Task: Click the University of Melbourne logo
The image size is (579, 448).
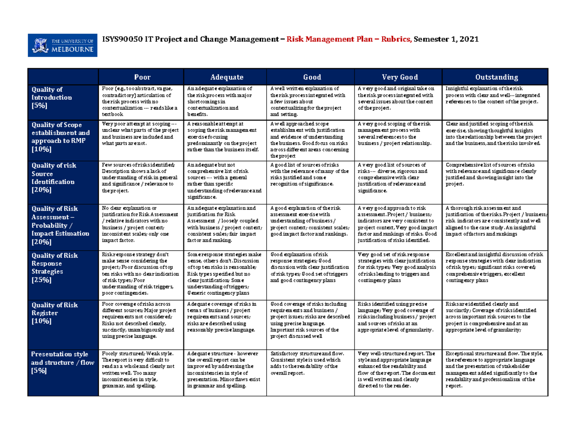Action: tap(63, 45)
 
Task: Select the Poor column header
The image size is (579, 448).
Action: tap(142, 77)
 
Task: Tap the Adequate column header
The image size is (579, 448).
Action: tap(227, 77)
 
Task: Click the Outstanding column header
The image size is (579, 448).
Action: tap(496, 77)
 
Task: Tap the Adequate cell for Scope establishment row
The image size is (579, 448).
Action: tap(226, 137)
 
